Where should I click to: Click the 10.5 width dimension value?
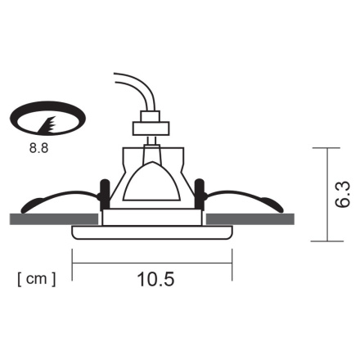[155, 279]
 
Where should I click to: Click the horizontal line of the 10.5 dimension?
[155, 263]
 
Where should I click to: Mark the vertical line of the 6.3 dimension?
[327, 194]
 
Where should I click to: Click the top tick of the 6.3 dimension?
[327, 148]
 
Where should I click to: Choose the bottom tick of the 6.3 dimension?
[327, 241]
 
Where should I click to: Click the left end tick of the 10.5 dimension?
[73, 262]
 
